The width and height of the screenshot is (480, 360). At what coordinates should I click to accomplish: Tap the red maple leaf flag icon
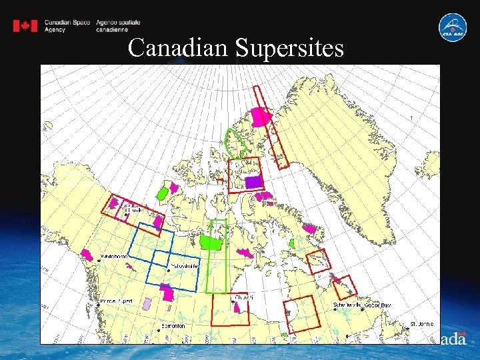coord(25,26)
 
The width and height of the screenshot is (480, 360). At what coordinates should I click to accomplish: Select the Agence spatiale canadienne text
coord(118,26)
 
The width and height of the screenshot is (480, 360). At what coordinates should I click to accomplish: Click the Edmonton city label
coord(173,326)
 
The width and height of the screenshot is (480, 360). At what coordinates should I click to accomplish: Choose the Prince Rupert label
coord(116,301)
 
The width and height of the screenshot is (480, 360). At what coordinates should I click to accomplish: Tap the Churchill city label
coord(243,297)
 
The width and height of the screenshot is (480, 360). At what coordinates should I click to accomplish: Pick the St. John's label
coord(421,323)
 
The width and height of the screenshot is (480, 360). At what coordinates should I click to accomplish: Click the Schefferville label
coord(347,305)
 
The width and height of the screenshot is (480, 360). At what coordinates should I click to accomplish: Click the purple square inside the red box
coord(253,182)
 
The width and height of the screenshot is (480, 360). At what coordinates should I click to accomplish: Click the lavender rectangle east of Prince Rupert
coord(147,304)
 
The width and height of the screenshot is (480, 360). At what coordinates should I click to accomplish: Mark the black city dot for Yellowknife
coord(168,265)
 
